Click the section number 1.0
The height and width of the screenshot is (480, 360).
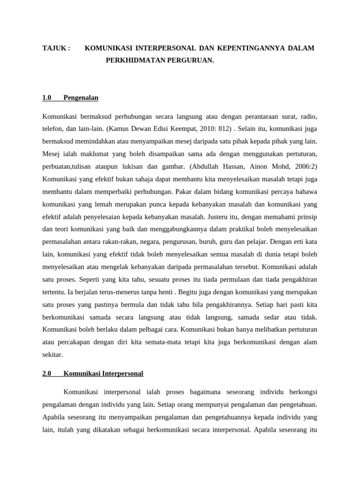(x=47, y=98)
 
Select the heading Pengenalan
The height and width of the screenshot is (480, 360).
(x=81, y=98)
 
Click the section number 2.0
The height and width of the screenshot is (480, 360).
(x=47, y=374)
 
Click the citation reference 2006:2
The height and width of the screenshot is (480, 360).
(x=305, y=166)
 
